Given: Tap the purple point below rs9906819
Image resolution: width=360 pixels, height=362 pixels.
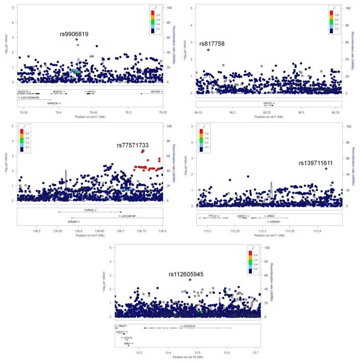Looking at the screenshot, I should pos(77,40).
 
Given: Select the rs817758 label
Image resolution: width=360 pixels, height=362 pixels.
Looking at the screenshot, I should pos(212,44).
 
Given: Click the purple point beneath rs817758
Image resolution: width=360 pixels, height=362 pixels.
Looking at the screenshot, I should pos(208,50).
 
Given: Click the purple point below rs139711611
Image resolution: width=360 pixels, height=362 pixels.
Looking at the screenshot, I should pos(326,169).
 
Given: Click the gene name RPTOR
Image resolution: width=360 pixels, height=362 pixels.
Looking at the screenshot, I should pos(155,92).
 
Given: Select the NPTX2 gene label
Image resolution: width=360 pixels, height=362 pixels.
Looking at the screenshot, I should pos(269,104).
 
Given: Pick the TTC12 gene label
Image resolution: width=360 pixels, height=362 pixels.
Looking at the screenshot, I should pos(213,216).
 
